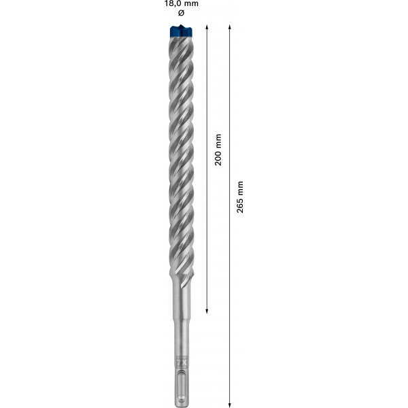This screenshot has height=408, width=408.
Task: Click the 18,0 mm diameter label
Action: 182,3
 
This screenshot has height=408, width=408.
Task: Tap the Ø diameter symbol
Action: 182,13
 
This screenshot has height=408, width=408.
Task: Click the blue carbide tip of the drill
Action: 181,31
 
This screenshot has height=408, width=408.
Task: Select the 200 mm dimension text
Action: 218,150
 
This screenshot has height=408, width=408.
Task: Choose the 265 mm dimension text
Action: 240,197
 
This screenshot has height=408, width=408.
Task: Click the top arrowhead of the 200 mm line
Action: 207,27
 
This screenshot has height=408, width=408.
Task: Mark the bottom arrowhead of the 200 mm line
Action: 207,311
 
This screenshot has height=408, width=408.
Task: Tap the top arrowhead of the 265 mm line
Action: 229,27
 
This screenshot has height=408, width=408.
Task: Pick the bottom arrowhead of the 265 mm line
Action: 229,405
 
